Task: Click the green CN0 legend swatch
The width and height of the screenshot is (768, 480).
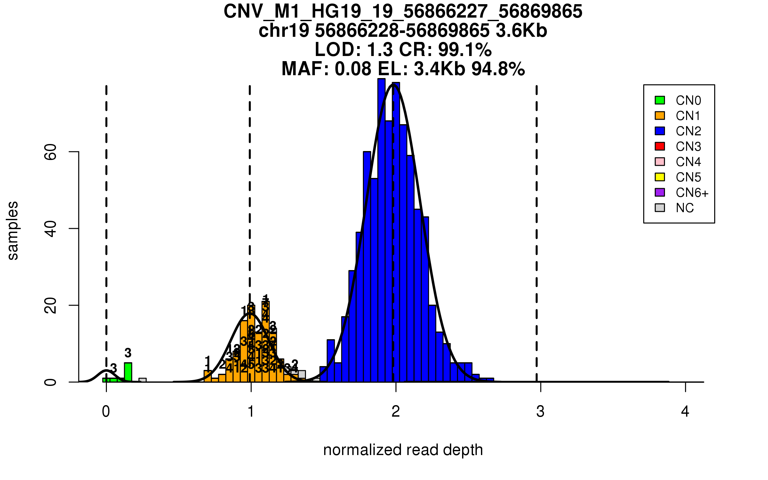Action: point(660,100)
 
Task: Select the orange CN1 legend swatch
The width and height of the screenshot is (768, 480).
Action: point(660,116)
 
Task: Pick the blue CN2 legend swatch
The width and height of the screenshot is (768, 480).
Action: point(660,131)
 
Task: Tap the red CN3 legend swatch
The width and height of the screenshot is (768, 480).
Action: point(660,146)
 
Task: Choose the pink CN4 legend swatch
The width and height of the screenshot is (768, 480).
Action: point(660,162)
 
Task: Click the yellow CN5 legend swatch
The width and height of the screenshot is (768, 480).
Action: point(660,177)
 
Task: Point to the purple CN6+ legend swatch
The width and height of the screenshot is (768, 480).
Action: point(660,192)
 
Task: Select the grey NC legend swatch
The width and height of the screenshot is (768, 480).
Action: point(660,208)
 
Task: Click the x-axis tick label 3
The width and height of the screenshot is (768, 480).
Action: point(540,412)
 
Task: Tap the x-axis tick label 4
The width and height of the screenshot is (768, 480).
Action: point(685,412)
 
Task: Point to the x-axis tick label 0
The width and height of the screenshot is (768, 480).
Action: point(106,412)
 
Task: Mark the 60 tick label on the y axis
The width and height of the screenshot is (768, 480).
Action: point(51,152)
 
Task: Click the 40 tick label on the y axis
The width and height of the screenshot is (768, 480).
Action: point(51,228)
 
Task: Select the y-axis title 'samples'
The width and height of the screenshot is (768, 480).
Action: point(13,230)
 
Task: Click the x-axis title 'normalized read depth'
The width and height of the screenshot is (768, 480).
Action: point(403,450)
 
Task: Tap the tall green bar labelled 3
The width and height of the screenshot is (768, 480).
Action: point(128,372)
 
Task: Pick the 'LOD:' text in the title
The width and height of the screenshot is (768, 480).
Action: point(338,50)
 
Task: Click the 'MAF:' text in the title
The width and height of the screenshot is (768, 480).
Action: point(305,69)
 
